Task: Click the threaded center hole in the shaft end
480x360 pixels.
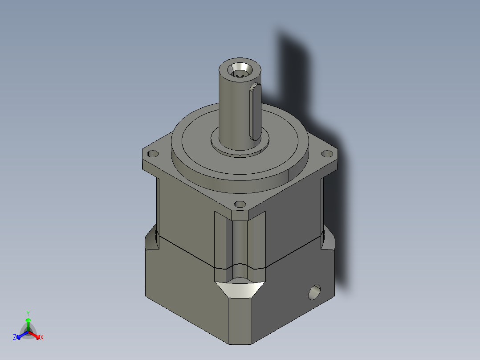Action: [240, 70]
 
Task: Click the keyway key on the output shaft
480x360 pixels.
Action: [255, 110]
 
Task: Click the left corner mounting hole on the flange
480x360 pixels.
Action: [153, 154]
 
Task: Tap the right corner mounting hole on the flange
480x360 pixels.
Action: [327, 153]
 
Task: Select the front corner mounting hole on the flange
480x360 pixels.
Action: [240, 205]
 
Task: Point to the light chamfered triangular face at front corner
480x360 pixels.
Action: [240, 290]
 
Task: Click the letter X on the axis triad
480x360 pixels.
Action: [41, 338]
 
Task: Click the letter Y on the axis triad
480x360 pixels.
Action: [28, 313]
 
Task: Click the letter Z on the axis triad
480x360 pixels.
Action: [15, 338]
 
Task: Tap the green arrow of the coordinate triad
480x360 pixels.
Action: [28, 323]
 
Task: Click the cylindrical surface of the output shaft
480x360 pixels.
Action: [232, 107]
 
